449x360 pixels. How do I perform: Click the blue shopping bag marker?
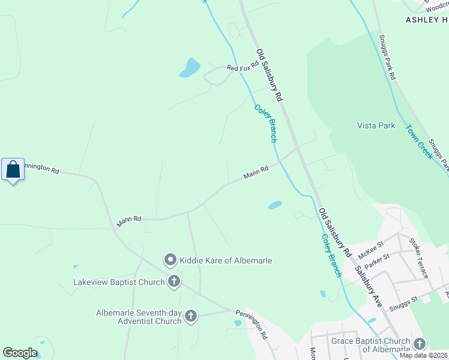(13, 170)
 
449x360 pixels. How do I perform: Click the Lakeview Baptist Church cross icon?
(174, 282)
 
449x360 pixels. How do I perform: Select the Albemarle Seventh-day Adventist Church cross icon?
(191, 316)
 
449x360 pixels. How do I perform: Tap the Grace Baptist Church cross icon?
(419, 344)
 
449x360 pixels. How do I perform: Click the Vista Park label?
(376, 125)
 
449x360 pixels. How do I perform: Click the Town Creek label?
(420, 142)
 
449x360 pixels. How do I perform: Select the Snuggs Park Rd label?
(388, 56)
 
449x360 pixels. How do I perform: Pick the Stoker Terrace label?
(418, 258)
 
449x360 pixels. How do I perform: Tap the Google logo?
(20, 353)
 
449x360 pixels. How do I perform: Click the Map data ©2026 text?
(423, 355)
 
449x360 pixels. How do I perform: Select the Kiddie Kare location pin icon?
(170, 260)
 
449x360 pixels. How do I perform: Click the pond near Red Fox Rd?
(190, 68)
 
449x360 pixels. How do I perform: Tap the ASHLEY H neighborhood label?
(426, 20)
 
